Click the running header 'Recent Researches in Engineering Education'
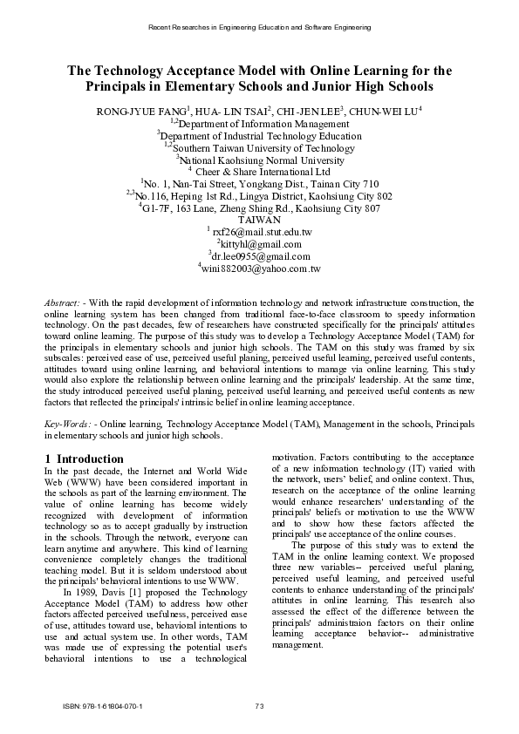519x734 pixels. (259, 27)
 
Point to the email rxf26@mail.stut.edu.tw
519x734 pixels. (262, 233)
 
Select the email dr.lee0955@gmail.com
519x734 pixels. (262, 257)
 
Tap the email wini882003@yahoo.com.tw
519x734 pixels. (262, 269)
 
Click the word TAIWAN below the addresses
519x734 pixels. (259, 221)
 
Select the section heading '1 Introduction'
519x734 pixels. (84, 459)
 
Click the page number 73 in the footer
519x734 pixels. (259, 705)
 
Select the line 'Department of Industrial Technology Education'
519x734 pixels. (260, 135)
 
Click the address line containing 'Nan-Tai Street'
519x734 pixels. (260, 184)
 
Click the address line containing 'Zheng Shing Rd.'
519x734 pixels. (260, 208)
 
